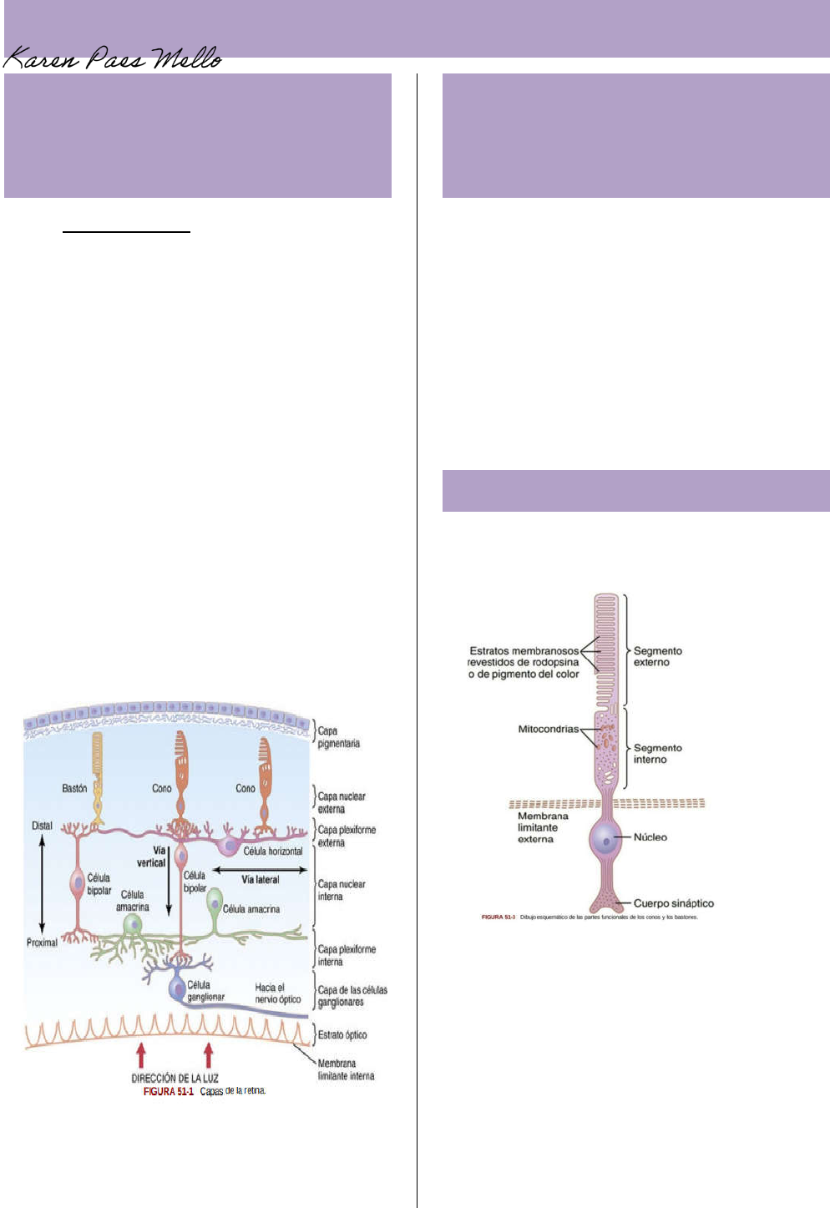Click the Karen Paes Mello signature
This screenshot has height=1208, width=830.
pyautogui.click(x=113, y=58)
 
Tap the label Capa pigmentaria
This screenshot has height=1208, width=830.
pyautogui.click(x=338, y=737)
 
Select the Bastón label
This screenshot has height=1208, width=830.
pyautogui.click(x=74, y=788)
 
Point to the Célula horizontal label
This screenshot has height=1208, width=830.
pyautogui.click(x=273, y=851)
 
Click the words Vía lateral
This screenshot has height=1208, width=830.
pyautogui.click(x=261, y=879)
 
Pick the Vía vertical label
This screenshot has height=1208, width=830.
pyautogui.click(x=152, y=857)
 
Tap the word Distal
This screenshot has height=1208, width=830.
pyautogui.click(x=42, y=826)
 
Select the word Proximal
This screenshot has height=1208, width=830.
pyautogui.click(x=42, y=943)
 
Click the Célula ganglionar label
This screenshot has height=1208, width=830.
pyautogui.click(x=205, y=991)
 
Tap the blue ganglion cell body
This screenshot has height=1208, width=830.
pyautogui.click(x=178, y=988)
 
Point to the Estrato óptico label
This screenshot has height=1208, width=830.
pyautogui.click(x=342, y=1034)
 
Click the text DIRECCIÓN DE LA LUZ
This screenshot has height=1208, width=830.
pyautogui.click(x=175, y=1078)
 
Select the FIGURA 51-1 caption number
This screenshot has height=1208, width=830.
pyautogui.click(x=168, y=1091)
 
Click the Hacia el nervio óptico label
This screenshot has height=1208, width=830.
pyautogui.click(x=278, y=993)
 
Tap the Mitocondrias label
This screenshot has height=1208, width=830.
pyautogui.click(x=548, y=729)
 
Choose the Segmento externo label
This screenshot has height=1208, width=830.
pyautogui.click(x=658, y=656)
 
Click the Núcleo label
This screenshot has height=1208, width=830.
pyautogui.click(x=650, y=837)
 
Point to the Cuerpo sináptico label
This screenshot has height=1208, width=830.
pyautogui.click(x=674, y=902)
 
